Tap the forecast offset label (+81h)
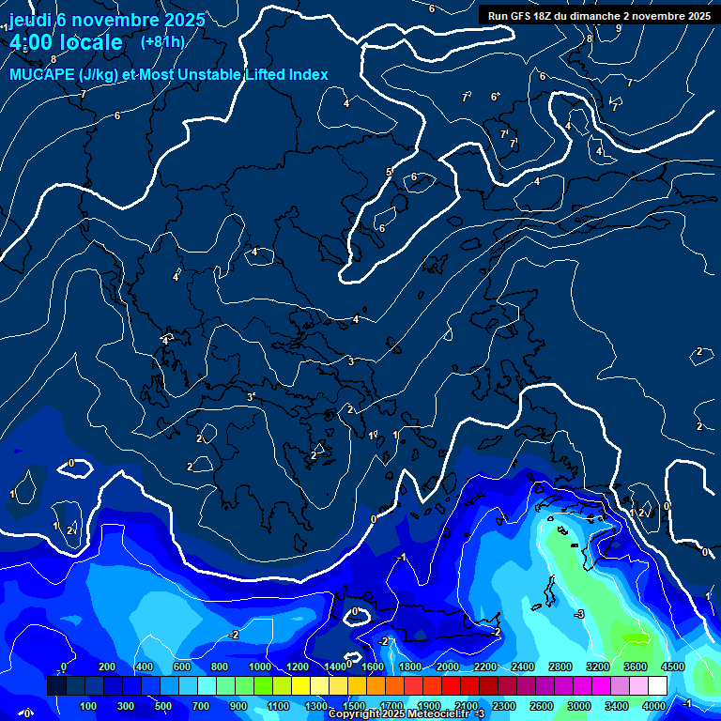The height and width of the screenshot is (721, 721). [162, 41]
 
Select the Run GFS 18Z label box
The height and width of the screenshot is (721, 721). [598, 15]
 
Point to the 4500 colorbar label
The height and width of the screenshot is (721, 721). [672, 667]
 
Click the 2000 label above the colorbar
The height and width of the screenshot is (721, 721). [448, 667]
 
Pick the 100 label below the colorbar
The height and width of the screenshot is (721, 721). [89, 706]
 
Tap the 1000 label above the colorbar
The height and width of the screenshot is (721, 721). [259, 667]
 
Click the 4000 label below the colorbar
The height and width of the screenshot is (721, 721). [654, 706]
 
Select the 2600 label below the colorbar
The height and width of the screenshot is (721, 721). [542, 706]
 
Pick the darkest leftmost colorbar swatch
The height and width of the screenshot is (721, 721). [56, 686]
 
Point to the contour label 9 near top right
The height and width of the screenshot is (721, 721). [618, 28]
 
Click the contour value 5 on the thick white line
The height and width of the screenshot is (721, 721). [389, 172]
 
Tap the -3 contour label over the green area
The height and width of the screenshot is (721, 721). [579, 614]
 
